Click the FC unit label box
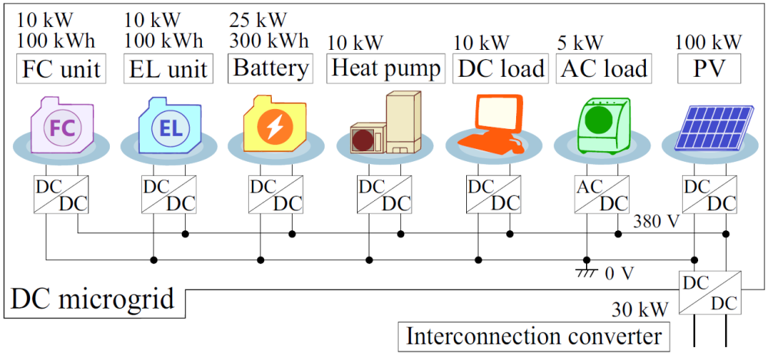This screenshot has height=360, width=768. pyautogui.click(x=61, y=69)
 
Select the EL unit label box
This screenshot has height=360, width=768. pyautogui.click(x=169, y=69)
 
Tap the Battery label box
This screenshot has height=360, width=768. pyautogui.click(x=271, y=68)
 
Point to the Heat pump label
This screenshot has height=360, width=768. pyautogui.click(x=386, y=68)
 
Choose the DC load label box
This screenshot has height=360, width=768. pyautogui.click(x=500, y=68)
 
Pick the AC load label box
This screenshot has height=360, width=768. pyautogui.click(x=603, y=68)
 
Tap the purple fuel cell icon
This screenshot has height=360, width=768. pyautogui.click(x=61, y=124)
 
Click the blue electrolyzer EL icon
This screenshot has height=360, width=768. pyautogui.click(x=170, y=125)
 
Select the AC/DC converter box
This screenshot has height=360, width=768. pyautogui.click(x=602, y=195)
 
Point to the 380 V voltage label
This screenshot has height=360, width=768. pyautogui.click(x=656, y=223)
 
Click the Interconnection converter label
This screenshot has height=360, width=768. pyautogui.click(x=534, y=335)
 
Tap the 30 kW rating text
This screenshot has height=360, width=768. pyautogui.click(x=637, y=311)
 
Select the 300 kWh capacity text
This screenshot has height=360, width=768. pyautogui.click(x=269, y=40)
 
